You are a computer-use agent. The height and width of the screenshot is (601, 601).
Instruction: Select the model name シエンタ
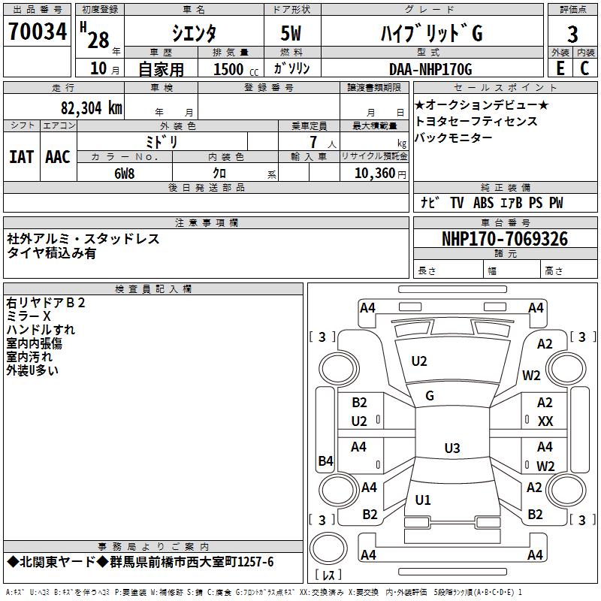coord(194,33)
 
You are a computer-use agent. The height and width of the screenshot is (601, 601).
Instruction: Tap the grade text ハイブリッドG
coord(430,33)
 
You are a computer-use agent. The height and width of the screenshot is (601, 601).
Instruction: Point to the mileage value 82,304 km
coord(91,107)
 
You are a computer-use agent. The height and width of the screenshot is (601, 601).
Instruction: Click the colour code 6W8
coord(124,174)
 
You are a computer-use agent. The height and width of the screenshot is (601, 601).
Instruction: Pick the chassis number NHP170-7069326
coord(504,239)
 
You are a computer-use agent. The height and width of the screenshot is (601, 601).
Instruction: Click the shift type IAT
coord(21,156)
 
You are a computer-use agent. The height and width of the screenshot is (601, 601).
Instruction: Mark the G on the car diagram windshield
coord(430,396)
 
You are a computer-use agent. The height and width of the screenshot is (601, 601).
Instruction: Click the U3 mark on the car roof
coord(452,448)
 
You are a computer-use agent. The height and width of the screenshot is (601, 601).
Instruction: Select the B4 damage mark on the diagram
coord(325,461)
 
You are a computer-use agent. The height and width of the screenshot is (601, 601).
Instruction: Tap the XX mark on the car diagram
coord(545,421)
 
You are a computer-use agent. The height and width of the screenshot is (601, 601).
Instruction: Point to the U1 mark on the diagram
coord(423,500)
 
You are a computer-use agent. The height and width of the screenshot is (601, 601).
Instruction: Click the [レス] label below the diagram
coord(328,575)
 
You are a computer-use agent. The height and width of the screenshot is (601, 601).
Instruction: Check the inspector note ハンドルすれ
coord(41,330)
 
